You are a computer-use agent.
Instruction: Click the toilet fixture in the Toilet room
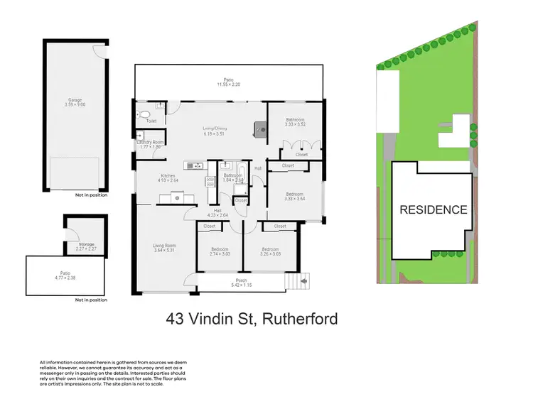point(144,114)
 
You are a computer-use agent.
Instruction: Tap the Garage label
point(75,101)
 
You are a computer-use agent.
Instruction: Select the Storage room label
point(85,244)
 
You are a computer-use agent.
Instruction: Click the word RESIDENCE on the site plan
point(434,209)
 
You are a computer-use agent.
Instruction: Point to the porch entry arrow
point(304,283)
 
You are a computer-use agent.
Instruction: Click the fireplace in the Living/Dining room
point(260,129)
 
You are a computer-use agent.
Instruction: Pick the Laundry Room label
point(151,142)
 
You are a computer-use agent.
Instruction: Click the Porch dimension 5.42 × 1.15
point(241,285)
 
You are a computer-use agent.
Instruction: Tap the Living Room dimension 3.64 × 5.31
point(164,251)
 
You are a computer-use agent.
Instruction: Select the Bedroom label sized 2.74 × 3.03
point(221,248)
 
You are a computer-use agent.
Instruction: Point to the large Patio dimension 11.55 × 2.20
point(229,84)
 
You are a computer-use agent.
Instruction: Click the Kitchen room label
point(168,175)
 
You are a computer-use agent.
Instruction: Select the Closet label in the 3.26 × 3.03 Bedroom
point(279,226)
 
